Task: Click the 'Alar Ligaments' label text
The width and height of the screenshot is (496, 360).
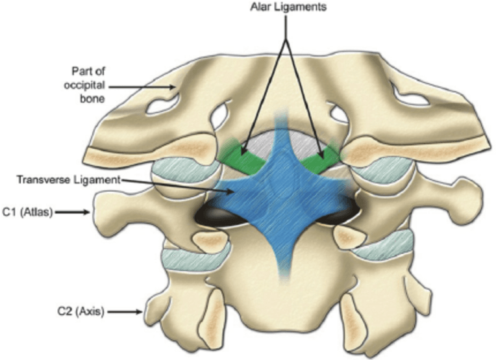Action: pyautogui.click(x=288, y=6)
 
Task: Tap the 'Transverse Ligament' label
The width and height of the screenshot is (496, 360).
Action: pyautogui.click(x=69, y=179)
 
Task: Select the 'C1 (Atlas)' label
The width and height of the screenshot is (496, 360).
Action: pyautogui.click(x=27, y=212)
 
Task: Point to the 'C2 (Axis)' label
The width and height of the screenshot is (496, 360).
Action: pyautogui.click(x=81, y=311)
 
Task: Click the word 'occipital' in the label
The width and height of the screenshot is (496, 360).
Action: pyautogui.click(x=84, y=85)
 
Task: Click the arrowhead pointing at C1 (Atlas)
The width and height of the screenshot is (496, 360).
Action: pyautogui.click(x=87, y=212)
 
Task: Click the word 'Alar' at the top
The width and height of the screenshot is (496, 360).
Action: pyautogui.click(x=260, y=6)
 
